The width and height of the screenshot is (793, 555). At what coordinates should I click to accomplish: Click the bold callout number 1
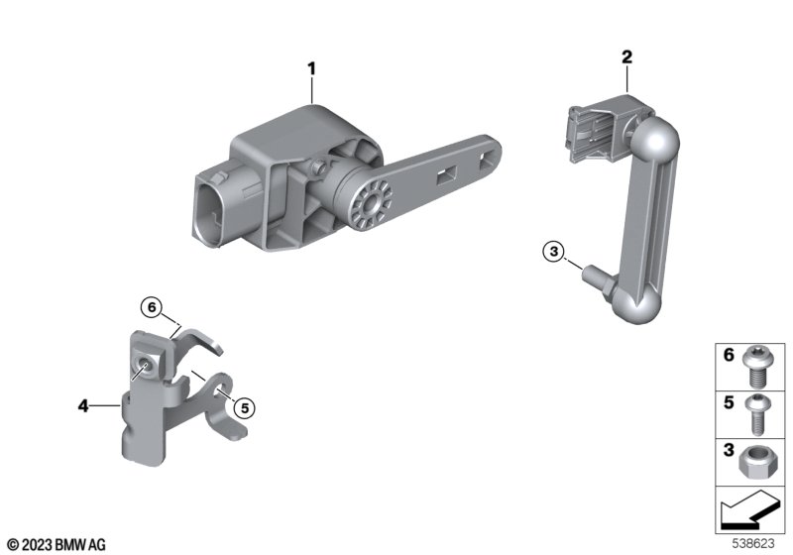tap(311, 68)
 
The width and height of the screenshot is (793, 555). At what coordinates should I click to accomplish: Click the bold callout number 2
tap(626, 57)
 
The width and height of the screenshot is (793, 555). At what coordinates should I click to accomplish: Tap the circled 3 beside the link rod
tap(554, 251)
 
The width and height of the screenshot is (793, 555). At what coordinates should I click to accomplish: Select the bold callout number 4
tap(83, 405)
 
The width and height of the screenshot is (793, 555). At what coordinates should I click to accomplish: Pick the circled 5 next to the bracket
tap(245, 408)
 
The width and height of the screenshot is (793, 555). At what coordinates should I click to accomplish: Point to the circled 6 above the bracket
tap(152, 307)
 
